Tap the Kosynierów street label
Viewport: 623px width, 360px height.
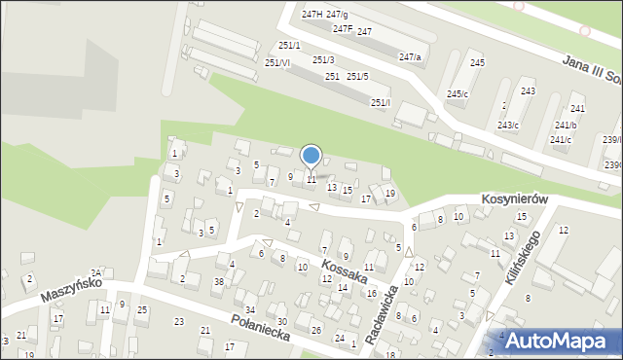(516, 198)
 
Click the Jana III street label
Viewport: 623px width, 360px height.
(589, 70)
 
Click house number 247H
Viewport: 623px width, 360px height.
(311, 14)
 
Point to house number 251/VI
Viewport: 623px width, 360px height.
(276, 62)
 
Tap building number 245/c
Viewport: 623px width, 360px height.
(457, 93)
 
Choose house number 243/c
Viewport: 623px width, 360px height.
(508, 126)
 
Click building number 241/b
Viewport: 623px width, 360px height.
(565, 125)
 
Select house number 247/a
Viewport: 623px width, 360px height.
(410, 57)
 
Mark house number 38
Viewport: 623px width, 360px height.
(219, 281)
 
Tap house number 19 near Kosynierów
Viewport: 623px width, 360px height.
(389, 193)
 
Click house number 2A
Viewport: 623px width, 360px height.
(95, 273)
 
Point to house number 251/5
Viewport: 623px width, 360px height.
(357, 76)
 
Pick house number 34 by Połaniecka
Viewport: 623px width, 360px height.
(249, 309)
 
